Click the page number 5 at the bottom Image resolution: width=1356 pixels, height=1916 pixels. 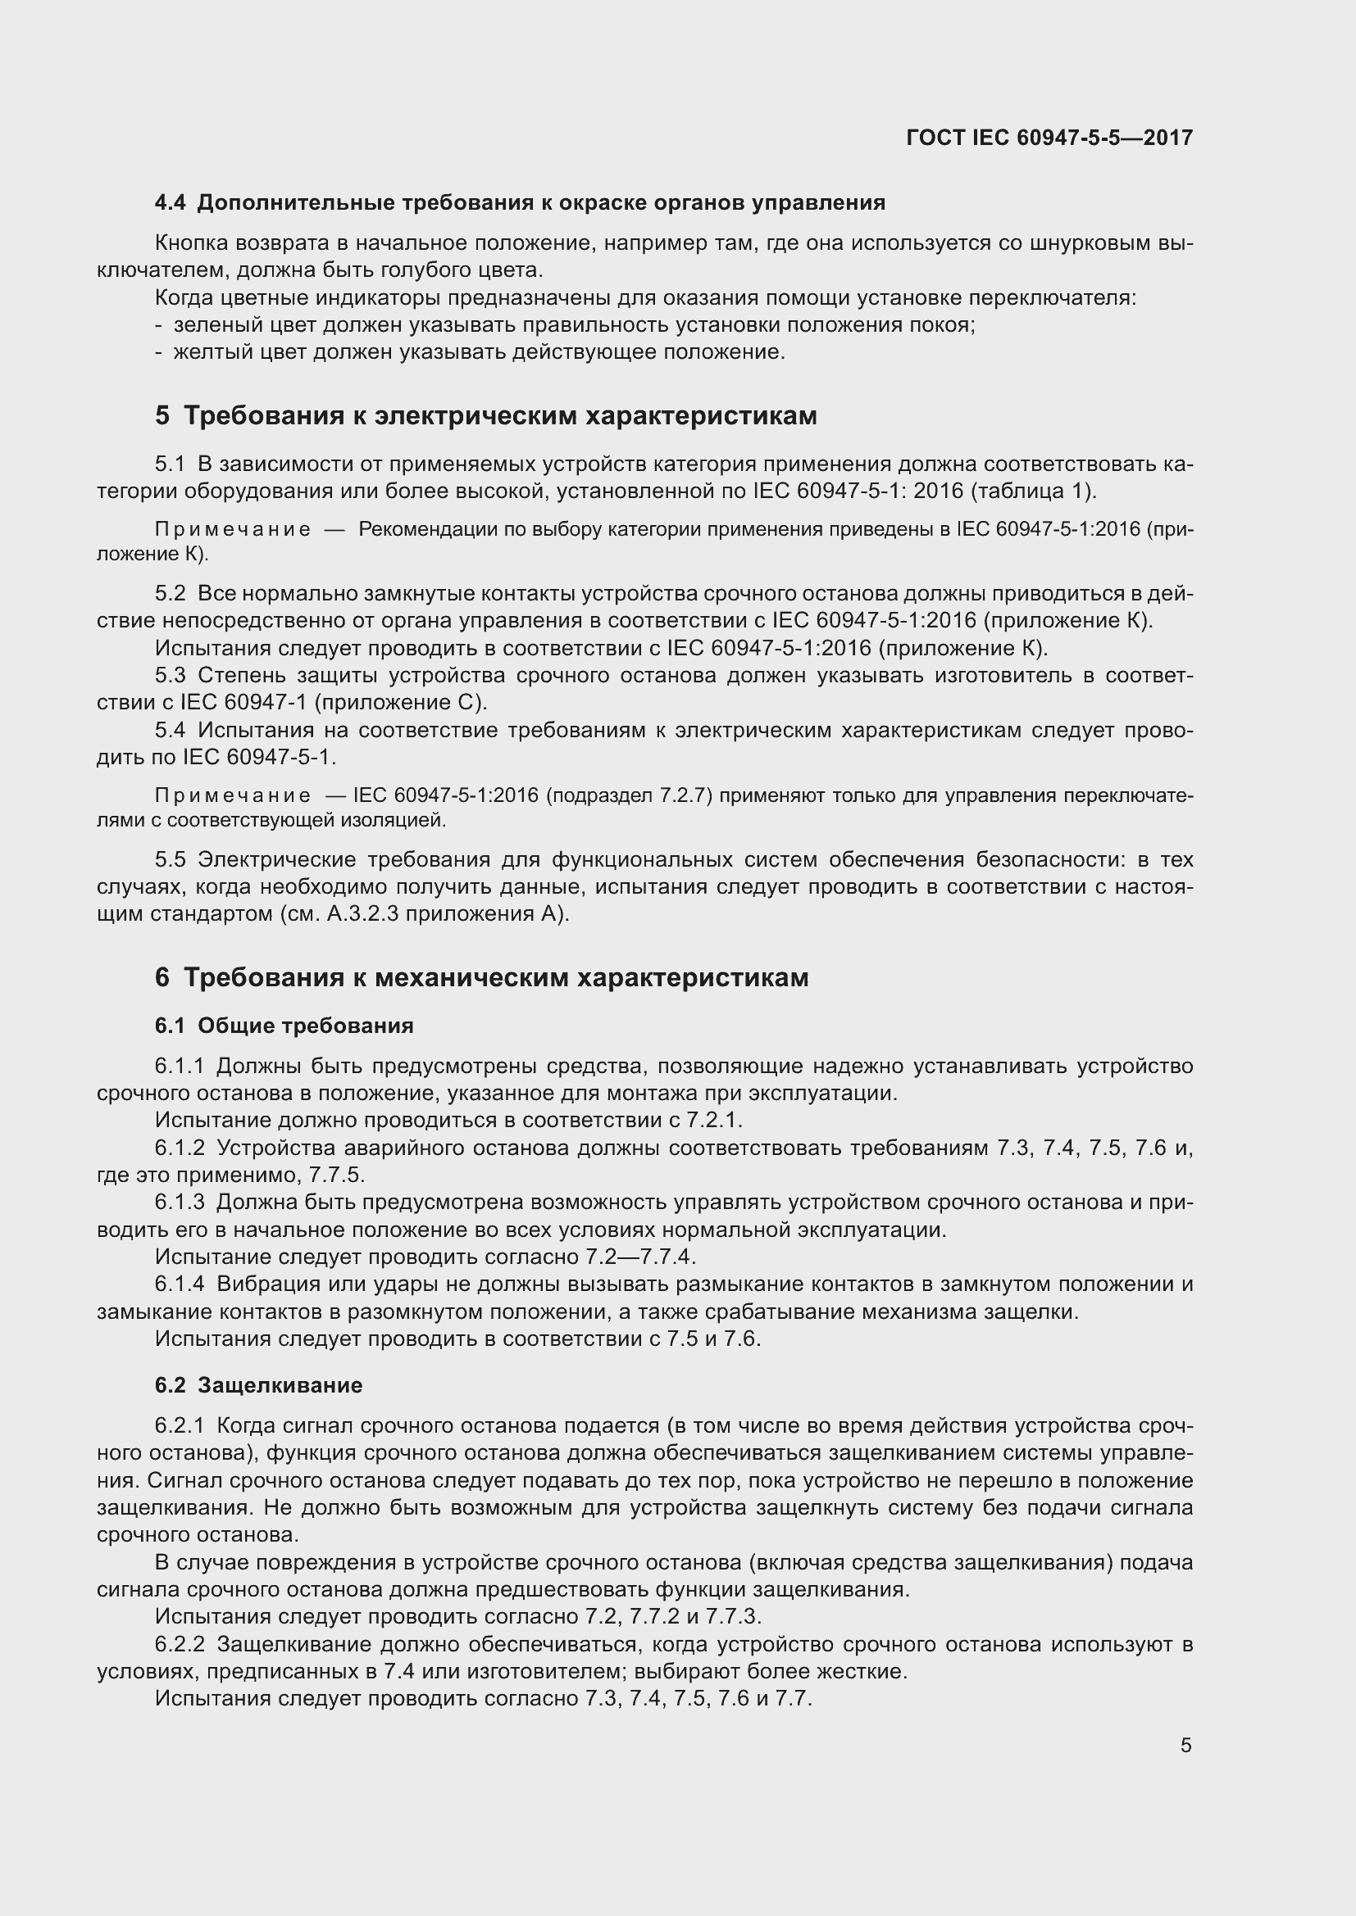pos(1185,1746)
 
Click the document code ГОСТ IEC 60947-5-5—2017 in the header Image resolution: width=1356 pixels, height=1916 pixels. pos(1049,138)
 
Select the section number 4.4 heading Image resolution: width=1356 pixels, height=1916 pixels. pos(171,203)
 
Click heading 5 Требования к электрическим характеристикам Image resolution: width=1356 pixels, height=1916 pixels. pos(486,414)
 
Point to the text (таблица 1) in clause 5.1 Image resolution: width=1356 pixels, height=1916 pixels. pos(1032,491)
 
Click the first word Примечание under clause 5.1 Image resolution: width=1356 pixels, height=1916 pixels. pos(233,530)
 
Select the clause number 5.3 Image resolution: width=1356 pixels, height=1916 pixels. pos(171,675)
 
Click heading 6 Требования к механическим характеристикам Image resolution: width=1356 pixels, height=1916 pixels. pos(482,977)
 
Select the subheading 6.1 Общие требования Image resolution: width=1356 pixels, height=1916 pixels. pos(284,1025)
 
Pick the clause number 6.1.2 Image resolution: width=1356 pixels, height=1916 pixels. pos(180,1148)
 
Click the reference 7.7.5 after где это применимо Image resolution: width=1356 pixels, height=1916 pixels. pos(335,1175)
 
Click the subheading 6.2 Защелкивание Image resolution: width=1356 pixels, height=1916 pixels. pos(259,1385)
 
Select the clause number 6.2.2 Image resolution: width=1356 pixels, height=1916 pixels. pos(180,1645)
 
